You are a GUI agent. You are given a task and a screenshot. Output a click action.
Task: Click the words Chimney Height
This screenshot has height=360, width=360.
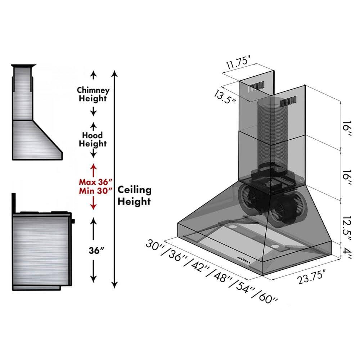(93, 94)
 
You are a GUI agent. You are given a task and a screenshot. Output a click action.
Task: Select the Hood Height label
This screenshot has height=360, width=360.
(93, 139)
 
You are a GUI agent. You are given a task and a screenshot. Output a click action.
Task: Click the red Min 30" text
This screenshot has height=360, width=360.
(93, 191)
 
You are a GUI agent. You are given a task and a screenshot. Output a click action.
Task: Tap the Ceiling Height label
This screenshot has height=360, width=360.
(134, 195)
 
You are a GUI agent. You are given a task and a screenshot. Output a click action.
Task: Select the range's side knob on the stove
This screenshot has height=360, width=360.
(73, 221)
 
